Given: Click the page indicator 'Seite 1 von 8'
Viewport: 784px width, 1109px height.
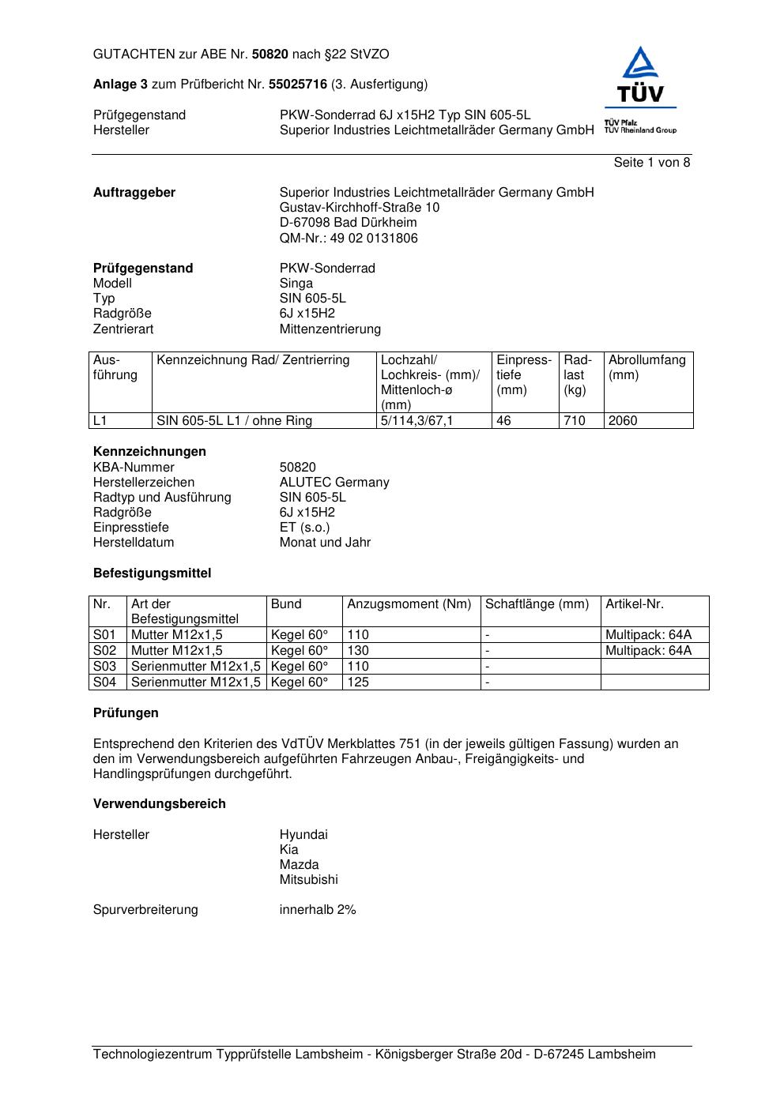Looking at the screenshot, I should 651,163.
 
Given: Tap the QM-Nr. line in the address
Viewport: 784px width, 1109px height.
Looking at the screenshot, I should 349,239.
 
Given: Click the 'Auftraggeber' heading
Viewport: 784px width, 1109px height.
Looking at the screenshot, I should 134,193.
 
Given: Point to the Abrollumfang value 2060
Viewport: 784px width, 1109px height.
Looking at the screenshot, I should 623,421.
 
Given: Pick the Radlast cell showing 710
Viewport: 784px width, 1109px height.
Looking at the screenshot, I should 575,421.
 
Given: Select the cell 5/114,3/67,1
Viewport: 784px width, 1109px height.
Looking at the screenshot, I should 417,421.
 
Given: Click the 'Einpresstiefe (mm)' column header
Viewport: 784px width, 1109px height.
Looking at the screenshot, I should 524,375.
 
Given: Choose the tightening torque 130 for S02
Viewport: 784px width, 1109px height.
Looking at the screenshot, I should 358,651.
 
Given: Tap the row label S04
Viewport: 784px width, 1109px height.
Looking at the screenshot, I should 104,682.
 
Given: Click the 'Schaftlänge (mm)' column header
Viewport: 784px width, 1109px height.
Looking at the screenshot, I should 537,604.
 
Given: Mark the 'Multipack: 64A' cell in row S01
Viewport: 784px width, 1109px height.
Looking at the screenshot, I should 648,635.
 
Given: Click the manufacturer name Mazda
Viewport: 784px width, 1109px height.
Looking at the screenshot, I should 299,865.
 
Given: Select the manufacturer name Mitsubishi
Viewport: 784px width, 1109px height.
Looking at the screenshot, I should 308,880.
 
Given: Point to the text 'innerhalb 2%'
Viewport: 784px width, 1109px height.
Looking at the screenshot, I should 318,910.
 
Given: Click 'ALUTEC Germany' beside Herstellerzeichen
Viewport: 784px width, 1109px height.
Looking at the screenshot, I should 334,483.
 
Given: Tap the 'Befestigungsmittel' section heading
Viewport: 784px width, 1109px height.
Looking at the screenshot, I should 152,573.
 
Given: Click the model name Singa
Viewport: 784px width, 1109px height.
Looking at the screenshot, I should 296,284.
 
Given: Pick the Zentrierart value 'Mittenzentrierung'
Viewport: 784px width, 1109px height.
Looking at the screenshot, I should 330,329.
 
